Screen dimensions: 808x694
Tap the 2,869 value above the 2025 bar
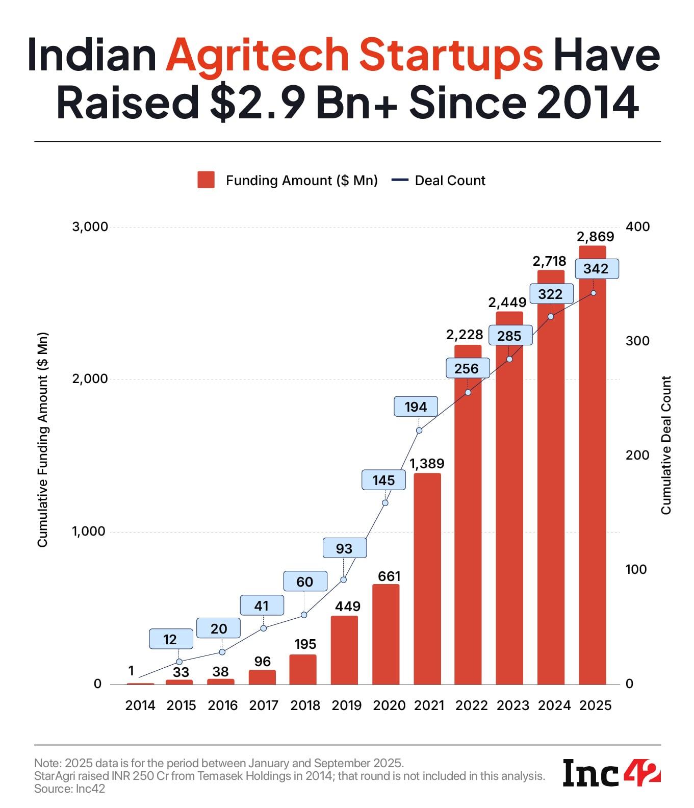[x=595, y=237]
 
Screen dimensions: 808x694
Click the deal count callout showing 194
[x=416, y=407]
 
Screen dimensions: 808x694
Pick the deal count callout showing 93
[x=344, y=548]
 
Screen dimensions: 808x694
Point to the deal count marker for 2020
[x=385, y=503]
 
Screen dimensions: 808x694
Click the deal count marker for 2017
[x=264, y=628]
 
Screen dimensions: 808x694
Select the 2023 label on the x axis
[x=512, y=705]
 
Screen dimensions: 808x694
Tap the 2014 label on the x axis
[x=140, y=705]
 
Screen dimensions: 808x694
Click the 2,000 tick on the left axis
[x=90, y=379]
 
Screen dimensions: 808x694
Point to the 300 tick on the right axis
[x=637, y=341]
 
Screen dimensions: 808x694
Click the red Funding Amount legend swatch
[x=206, y=180]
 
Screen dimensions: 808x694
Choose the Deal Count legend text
[x=450, y=181]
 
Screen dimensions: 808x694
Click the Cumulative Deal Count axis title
[x=666, y=445]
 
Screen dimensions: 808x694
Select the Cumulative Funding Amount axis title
[x=42, y=440]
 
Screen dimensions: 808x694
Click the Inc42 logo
[x=611, y=773]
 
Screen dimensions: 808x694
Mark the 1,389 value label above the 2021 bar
[x=427, y=464]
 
